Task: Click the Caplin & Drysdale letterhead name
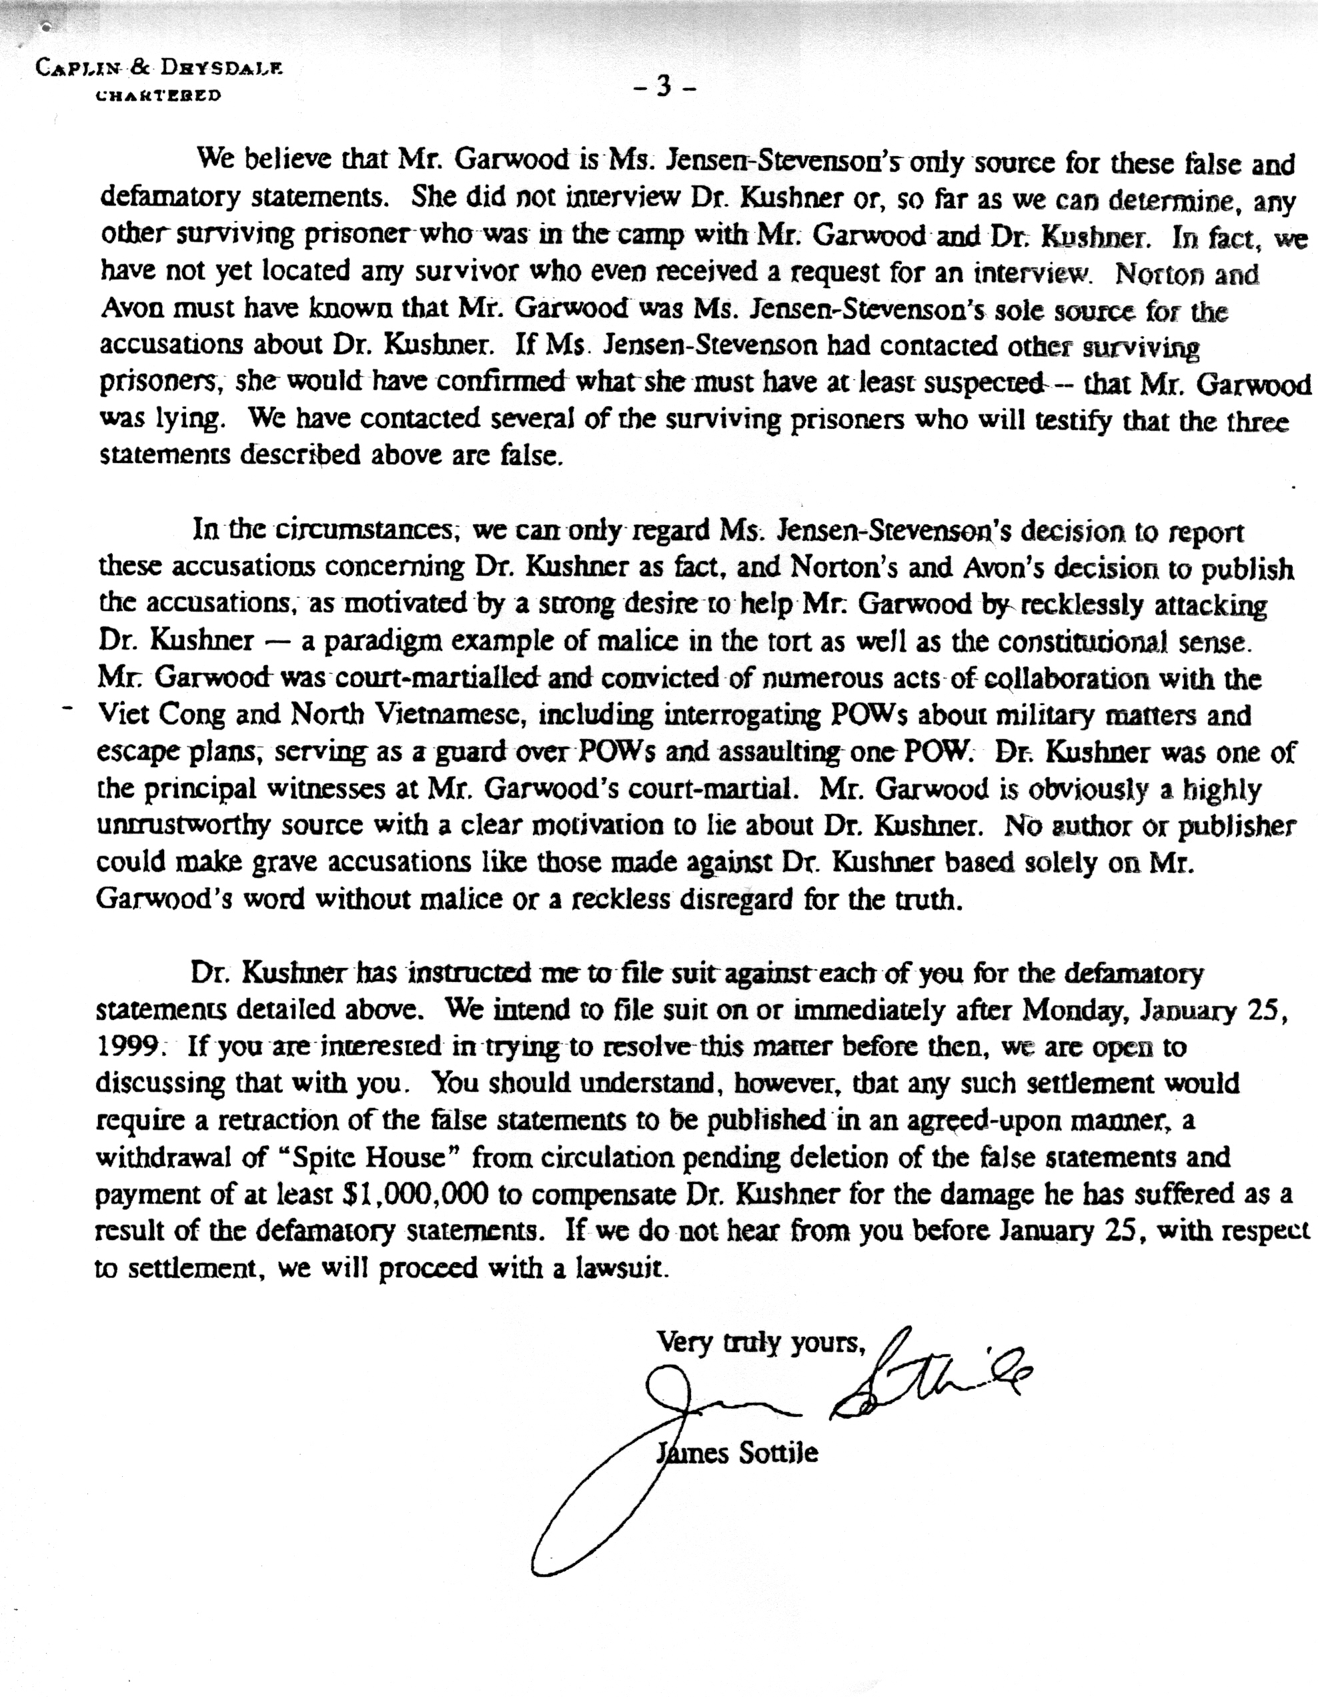[159, 69]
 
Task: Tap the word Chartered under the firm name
[158, 95]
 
